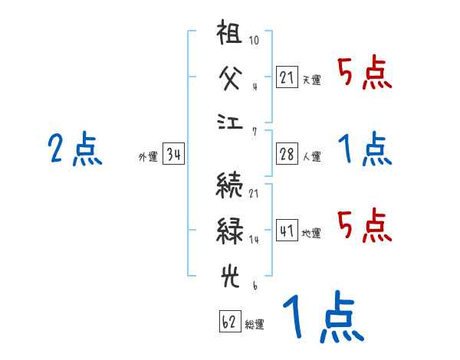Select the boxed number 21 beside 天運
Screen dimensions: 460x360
(x=287, y=78)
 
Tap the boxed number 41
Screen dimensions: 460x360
(x=287, y=231)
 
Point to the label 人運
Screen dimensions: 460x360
(x=311, y=156)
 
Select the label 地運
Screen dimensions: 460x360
(x=311, y=232)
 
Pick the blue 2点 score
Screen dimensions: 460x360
(x=74, y=149)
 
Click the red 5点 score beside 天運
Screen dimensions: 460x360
(x=364, y=74)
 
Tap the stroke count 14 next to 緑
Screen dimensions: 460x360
(x=255, y=240)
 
